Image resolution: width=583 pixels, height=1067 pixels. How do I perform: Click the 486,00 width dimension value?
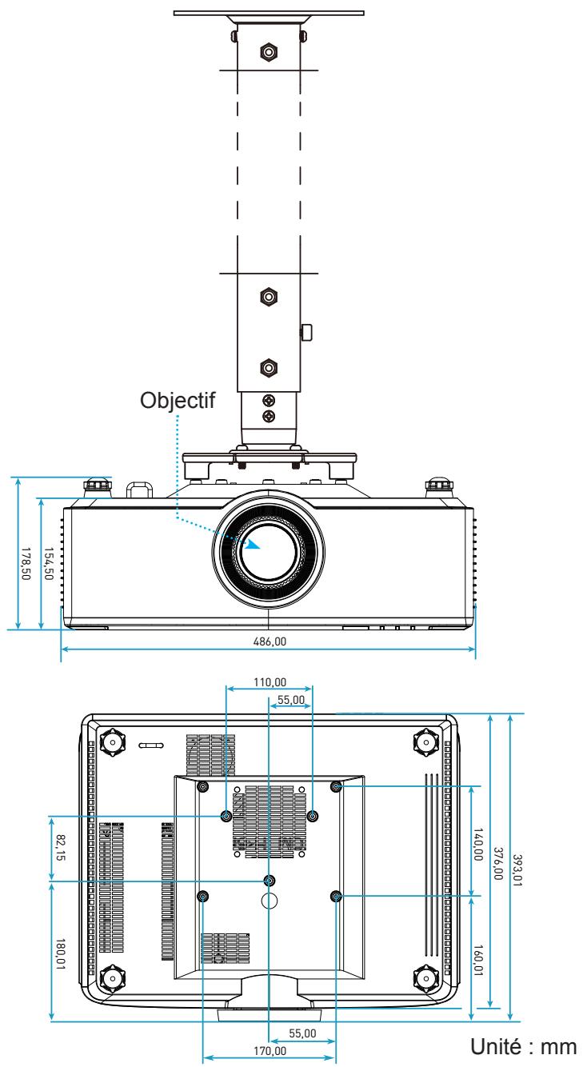(270, 641)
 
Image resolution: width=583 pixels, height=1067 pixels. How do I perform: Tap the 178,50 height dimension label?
(26, 564)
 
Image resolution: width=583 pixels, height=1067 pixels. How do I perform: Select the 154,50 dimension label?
(49, 564)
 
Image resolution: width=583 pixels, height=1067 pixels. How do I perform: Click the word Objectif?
(178, 401)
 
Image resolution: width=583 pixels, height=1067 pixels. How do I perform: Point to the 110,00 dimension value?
(270, 682)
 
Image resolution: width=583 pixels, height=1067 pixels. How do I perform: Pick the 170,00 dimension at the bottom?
(270, 1050)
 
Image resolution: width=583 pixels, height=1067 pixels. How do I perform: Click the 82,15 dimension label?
(61, 847)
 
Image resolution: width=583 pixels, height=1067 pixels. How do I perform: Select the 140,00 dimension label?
(477, 844)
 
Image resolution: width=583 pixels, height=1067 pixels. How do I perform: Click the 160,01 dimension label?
(477, 961)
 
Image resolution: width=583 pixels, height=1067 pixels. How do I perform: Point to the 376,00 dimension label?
(497, 863)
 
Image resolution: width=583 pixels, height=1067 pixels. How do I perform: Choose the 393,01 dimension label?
(517, 870)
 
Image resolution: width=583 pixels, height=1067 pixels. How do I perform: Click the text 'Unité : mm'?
(524, 1047)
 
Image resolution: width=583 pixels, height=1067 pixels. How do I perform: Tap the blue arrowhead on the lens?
(253, 544)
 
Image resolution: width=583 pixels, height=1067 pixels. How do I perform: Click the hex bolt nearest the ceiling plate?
(269, 51)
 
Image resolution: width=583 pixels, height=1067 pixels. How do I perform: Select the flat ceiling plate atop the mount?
(269, 13)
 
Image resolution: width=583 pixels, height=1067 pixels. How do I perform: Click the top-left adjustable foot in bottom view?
(113, 741)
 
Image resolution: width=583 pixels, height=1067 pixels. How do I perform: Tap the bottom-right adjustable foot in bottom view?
(425, 978)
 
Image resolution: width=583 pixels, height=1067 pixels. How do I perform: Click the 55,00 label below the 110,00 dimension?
(290, 700)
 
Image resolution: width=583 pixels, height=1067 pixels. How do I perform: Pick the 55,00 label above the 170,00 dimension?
(302, 1033)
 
